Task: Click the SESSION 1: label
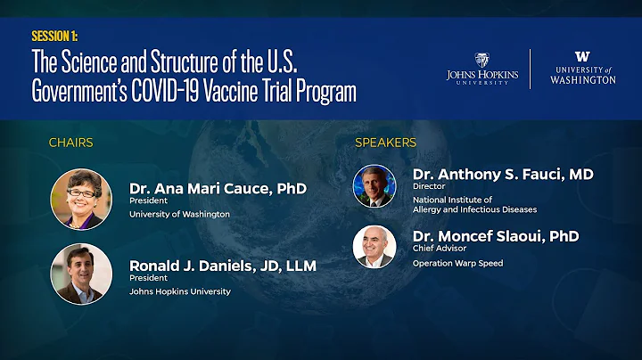pyautogui.click(x=54, y=37)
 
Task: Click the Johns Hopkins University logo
pyautogui.click(x=482, y=68)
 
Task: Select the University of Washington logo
pyautogui.click(x=582, y=68)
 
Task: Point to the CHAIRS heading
pyautogui.click(x=70, y=143)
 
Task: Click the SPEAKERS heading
pyautogui.click(x=385, y=143)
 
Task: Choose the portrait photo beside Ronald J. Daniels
pyautogui.click(x=81, y=274)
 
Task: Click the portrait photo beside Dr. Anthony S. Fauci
pyautogui.click(x=374, y=186)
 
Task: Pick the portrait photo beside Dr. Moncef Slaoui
pyautogui.click(x=374, y=247)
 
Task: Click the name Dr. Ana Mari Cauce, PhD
pyautogui.click(x=218, y=188)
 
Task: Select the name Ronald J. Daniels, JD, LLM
pyautogui.click(x=223, y=265)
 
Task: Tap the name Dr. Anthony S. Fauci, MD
pyautogui.click(x=503, y=174)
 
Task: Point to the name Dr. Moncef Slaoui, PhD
pyautogui.click(x=496, y=236)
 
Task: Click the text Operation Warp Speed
pyautogui.click(x=457, y=263)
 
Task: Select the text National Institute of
pyautogui.click(x=453, y=200)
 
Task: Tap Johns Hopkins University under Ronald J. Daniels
pyautogui.click(x=180, y=291)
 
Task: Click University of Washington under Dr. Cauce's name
pyautogui.click(x=179, y=214)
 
